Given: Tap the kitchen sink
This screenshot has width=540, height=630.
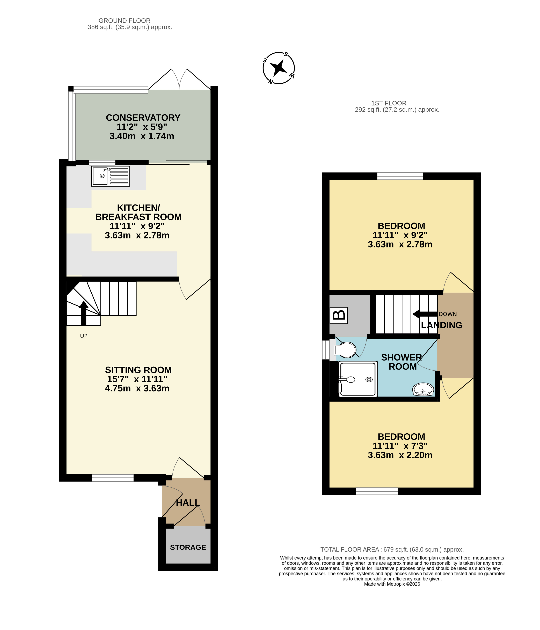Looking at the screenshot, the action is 111,176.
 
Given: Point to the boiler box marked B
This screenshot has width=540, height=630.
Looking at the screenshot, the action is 339,315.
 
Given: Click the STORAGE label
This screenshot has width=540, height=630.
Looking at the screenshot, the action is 188,547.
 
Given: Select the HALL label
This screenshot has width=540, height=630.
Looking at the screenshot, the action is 188,503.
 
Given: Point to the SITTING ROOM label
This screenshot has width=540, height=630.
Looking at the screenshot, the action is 138,370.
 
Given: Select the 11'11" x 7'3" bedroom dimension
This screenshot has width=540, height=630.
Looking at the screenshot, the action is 400,446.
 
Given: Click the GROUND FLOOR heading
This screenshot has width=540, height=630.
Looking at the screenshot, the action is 124,21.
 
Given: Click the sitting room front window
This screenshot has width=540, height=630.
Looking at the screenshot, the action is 112,478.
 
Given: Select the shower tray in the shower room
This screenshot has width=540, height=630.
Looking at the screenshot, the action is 358,379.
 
